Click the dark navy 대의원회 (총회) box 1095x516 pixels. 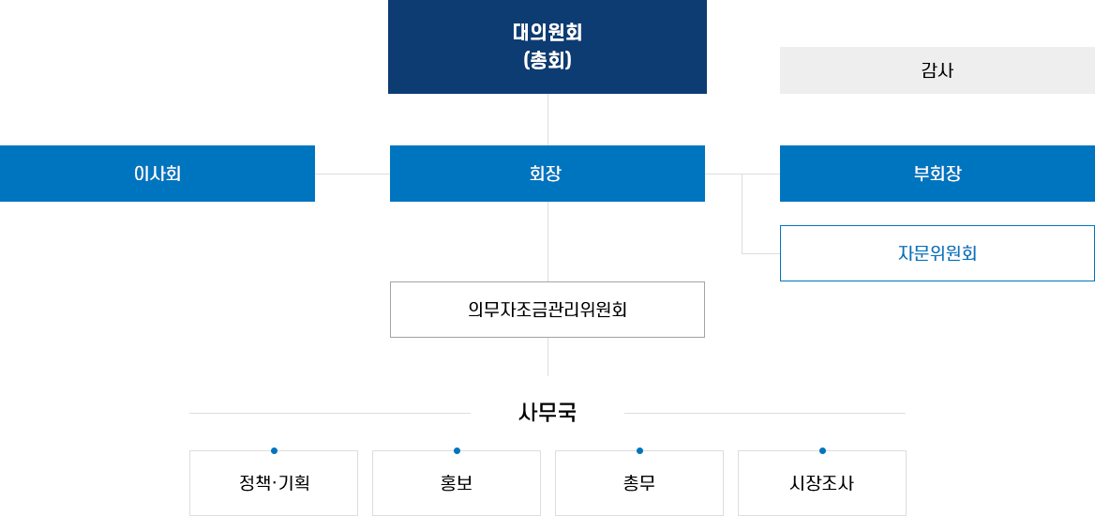pyautogui.click(x=547, y=47)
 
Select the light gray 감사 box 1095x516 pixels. pyautogui.click(x=936, y=70)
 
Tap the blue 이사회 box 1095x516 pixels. pyautogui.click(x=157, y=174)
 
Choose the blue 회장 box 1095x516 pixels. pyautogui.click(x=547, y=174)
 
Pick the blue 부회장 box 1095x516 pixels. pyautogui.click(x=936, y=174)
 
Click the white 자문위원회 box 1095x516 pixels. pyautogui.click(x=937, y=253)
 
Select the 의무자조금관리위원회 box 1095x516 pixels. pyautogui.click(x=547, y=309)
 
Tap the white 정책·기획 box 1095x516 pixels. pyautogui.click(x=274, y=483)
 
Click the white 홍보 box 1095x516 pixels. pyautogui.click(x=457, y=483)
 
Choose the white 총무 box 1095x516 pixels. pyautogui.click(x=639, y=483)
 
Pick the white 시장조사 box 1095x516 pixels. pyautogui.click(x=822, y=483)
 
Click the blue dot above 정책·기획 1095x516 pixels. pyautogui.click(x=274, y=448)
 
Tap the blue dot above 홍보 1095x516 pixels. pyautogui.click(x=457, y=448)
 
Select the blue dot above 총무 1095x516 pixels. pyautogui.click(x=639, y=448)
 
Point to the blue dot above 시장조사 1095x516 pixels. pyautogui.click(x=822, y=448)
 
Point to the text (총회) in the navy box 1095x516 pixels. pyautogui.click(x=547, y=61)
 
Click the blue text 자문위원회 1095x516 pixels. pyautogui.click(x=937, y=253)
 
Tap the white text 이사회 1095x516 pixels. pyautogui.click(x=157, y=174)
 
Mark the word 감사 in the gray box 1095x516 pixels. pyautogui.click(x=937, y=70)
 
